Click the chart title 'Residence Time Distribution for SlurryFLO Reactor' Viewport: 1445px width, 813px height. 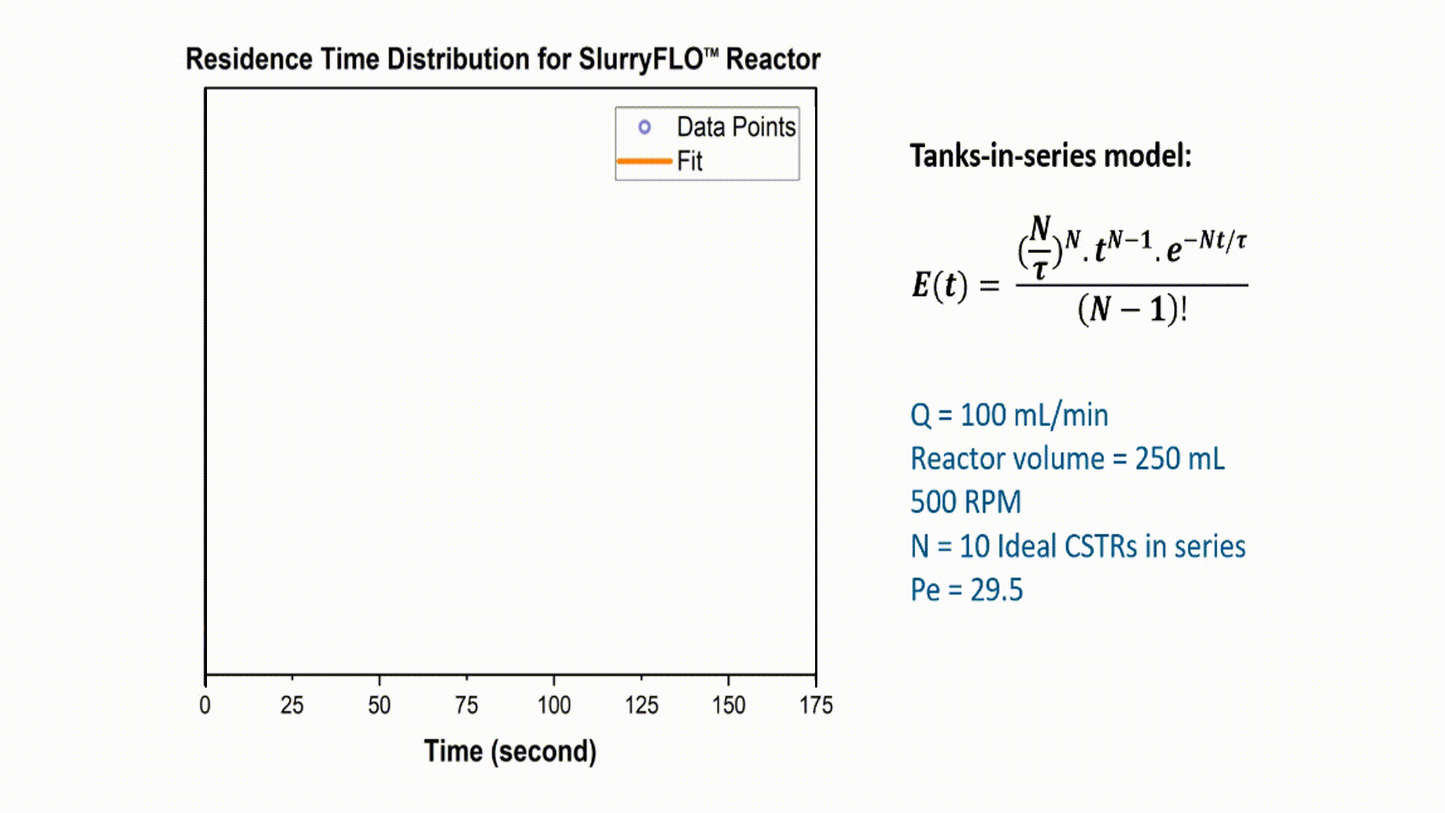[503, 59]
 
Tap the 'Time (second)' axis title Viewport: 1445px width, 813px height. [510, 751]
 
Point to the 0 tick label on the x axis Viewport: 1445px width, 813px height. [205, 705]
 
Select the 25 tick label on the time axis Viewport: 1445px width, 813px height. [292, 705]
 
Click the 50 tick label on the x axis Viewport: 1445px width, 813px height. [379, 705]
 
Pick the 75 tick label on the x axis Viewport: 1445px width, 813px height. [467, 705]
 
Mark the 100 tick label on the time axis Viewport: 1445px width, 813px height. [554, 705]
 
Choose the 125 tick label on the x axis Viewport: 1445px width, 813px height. [641, 705]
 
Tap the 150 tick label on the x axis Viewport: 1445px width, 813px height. [729, 705]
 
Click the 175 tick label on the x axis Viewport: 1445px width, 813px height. [816, 705]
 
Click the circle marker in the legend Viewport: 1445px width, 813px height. [644, 127]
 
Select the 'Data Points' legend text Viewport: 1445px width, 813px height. [736, 127]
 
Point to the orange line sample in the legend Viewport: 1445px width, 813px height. [644, 161]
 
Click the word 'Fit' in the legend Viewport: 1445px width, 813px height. [689, 161]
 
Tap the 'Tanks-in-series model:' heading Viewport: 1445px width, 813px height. [1051, 156]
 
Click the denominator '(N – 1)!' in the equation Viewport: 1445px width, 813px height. [1132, 309]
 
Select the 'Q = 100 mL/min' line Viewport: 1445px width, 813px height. [1009, 415]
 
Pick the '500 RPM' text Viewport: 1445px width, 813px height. [966, 502]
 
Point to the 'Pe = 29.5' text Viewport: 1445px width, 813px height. [966, 589]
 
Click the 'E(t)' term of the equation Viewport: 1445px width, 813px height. [939, 285]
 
